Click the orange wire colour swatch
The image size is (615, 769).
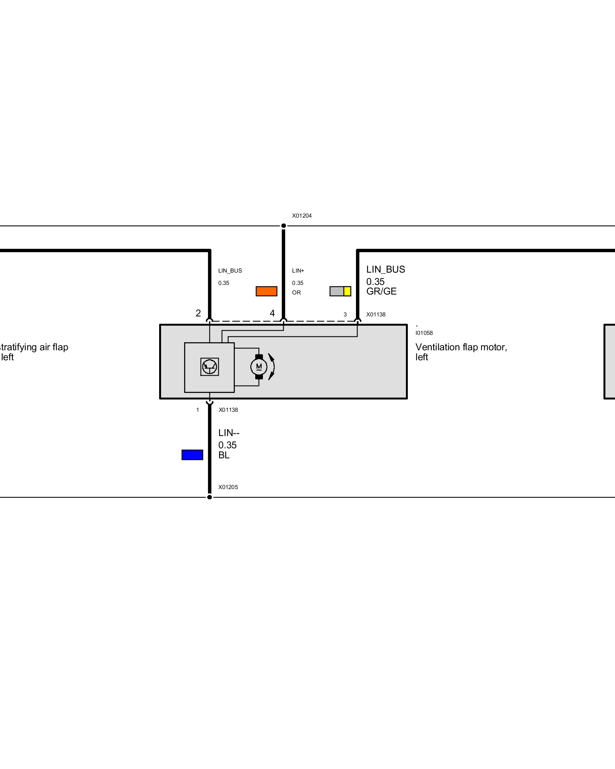pyautogui.click(x=266, y=291)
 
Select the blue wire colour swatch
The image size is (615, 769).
pyautogui.click(x=192, y=455)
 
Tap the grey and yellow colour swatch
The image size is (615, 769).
pyautogui.click(x=340, y=291)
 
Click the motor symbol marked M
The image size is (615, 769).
pyautogui.click(x=259, y=367)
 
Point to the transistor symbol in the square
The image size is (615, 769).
pyautogui.click(x=209, y=366)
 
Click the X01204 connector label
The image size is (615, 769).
pyautogui.click(x=302, y=216)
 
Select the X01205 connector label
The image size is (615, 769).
pyautogui.click(x=228, y=487)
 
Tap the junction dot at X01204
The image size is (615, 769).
pyautogui.click(x=283, y=226)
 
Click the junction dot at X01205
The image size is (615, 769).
pyautogui.click(x=209, y=497)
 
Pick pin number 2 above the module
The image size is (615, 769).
pyautogui.click(x=198, y=313)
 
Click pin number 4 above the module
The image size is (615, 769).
pyautogui.click(x=272, y=313)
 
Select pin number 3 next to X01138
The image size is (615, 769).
pyautogui.click(x=345, y=315)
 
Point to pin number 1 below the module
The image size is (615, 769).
pyautogui.click(x=198, y=410)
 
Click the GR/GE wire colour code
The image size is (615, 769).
pyautogui.click(x=381, y=291)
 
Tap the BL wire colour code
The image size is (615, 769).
pyautogui.click(x=224, y=455)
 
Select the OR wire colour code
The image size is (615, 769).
pyautogui.click(x=296, y=293)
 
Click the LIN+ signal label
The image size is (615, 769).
pyautogui.click(x=298, y=271)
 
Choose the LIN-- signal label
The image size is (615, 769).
pyautogui.click(x=229, y=433)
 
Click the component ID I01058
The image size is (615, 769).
pyautogui.click(x=424, y=333)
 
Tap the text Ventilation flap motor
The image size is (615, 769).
pyautogui.click(x=461, y=347)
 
